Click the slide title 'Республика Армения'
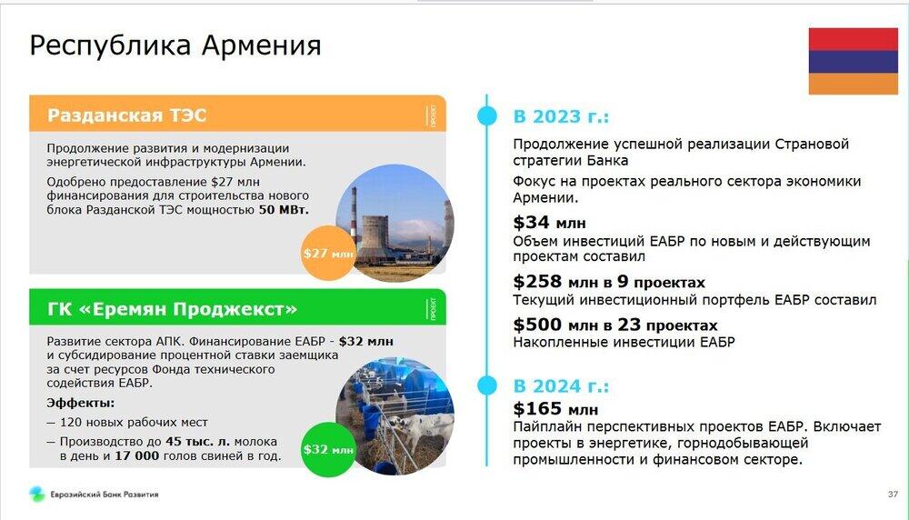(x=175, y=45)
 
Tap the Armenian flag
(x=853, y=61)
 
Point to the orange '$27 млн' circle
(x=327, y=254)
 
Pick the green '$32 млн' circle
(x=327, y=449)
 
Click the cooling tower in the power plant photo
(x=374, y=236)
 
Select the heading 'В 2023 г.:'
(x=561, y=116)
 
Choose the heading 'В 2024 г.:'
(x=561, y=386)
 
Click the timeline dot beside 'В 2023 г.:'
(x=487, y=115)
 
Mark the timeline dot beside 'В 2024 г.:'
(x=487, y=385)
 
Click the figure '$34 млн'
(x=550, y=222)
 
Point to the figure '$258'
(x=537, y=282)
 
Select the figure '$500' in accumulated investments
(x=537, y=325)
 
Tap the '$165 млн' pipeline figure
(x=555, y=409)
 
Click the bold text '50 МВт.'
(x=284, y=210)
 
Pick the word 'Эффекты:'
(x=81, y=403)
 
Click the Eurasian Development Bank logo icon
(x=37, y=494)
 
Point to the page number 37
(x=893, y=495)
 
